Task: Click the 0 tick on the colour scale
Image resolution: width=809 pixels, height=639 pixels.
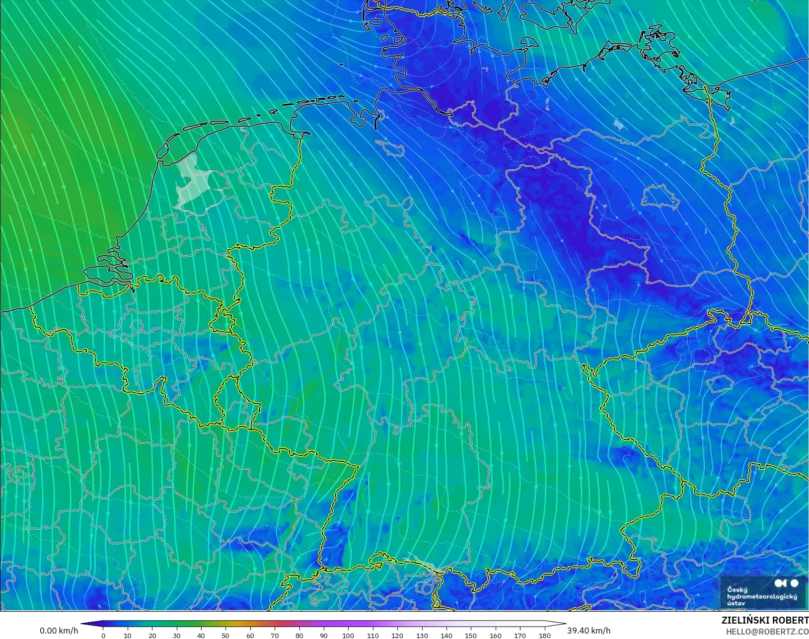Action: [x=103, y=635]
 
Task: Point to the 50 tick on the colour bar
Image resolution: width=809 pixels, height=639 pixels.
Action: [x=226, y=635]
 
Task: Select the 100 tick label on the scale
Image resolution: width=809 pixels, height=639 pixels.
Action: [x=348, y=635]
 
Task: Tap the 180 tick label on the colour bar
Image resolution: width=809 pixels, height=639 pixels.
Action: [x=545, y=635]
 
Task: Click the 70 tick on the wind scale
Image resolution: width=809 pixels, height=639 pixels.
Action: [x=275, y=635]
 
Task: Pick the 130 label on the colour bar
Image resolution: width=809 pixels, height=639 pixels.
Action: [x=422, y=635]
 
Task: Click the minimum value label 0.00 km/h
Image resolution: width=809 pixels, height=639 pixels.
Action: [x=59, y=631]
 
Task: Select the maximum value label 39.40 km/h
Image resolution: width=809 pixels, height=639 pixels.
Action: [x=588, y=631]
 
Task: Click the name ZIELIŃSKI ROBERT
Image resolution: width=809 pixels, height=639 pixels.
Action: [x=765, y=620]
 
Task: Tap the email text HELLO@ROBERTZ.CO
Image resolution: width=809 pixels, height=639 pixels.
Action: [x=767, y=632]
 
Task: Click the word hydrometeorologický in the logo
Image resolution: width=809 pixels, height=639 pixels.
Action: [x=762, y=596]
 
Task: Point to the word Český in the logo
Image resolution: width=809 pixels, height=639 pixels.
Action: [x=737, y=589]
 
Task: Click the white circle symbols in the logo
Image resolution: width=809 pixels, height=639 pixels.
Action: [x=787, y=583]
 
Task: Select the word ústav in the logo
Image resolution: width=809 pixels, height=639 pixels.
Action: [x=736, y=603]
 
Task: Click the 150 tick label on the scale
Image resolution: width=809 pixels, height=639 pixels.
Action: [x=471, y=635]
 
